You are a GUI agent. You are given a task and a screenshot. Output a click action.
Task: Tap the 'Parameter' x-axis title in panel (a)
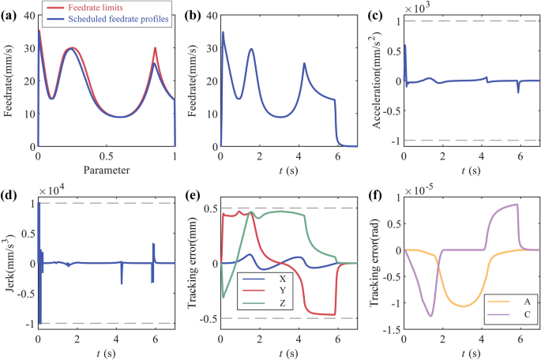[x=107, y=169]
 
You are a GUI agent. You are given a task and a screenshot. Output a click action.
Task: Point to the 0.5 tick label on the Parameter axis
[x=106, y=156]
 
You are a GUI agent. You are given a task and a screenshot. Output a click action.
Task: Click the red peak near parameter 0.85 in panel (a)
[x=155, y=48]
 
